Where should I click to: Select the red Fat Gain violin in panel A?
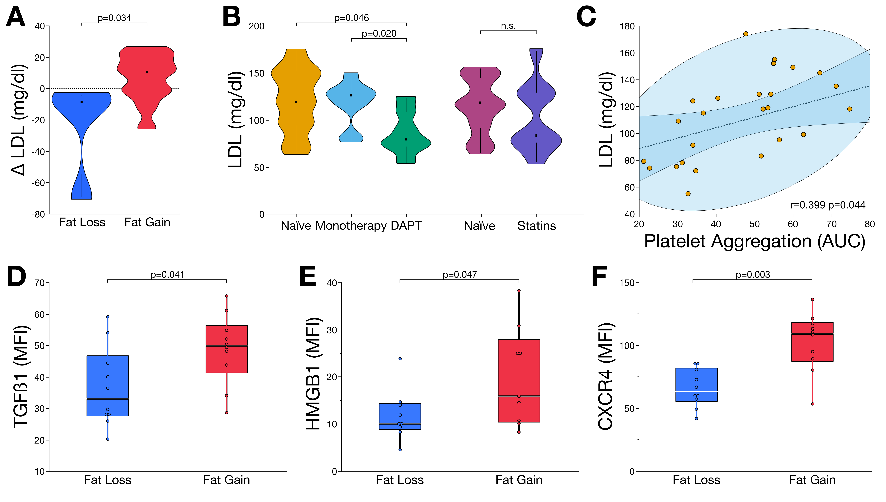pos(147,88)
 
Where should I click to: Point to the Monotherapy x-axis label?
pos(351,226)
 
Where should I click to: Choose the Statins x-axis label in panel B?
pos(536,226)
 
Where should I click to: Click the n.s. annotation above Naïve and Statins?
pos(508,26)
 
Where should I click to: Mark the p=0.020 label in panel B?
pos(379,33)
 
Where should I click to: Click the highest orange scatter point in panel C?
pos(746,34)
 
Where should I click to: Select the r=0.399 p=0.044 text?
pos(828,205)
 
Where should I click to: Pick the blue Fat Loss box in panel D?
pos(108,386)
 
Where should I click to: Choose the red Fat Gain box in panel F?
pos(812,342)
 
